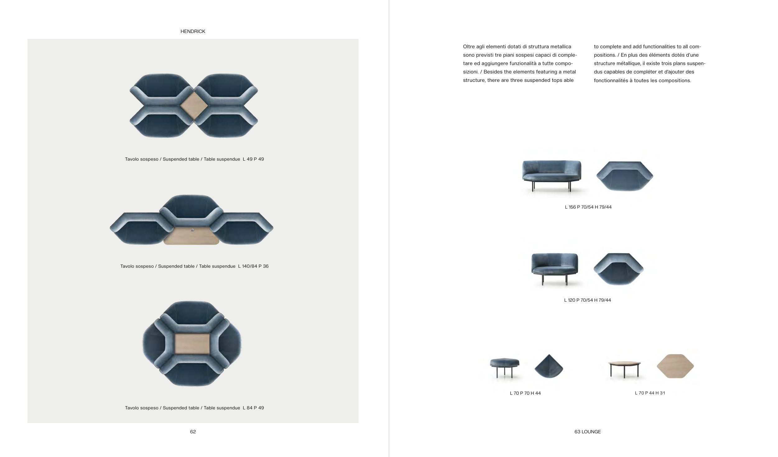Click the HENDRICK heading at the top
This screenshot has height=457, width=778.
193,31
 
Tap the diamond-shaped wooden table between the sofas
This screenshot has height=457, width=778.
194,106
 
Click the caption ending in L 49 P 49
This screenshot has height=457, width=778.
194,159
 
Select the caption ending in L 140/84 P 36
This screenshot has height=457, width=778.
194,266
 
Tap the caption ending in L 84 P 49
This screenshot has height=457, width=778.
194,408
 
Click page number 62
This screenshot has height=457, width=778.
193,432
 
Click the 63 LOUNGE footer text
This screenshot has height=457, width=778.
588,432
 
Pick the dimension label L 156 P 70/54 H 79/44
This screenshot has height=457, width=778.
588,207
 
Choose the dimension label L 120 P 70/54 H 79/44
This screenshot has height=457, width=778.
588,300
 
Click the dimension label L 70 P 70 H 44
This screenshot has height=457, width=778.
525,393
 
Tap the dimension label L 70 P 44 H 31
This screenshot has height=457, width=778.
650,393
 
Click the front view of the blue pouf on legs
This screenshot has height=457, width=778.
504,368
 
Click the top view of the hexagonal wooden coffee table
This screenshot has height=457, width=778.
675,366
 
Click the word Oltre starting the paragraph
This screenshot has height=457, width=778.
469,47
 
